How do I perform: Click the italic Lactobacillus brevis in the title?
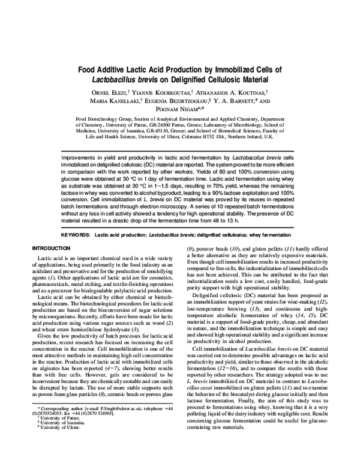137,79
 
